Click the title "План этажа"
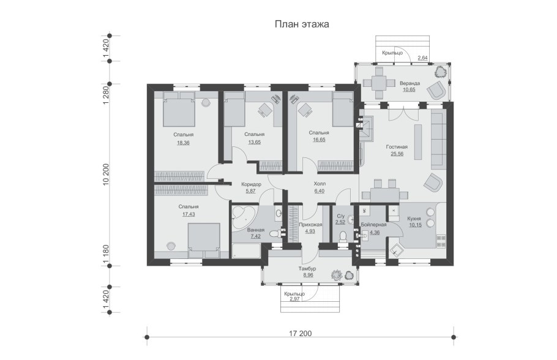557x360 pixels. point(302,24)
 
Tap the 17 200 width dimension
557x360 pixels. point(300,333)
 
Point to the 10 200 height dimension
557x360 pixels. point(105,175)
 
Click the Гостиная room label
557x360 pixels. point(397,147)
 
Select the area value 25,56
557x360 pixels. point(397,154)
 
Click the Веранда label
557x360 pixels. point(409,83)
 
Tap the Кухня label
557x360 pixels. point(414,219)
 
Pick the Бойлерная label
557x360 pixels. point(373,225)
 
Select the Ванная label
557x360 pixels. point(256,230)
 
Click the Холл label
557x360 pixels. point(320,184)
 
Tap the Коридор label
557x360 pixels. point(251,184)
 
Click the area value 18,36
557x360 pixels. point(183,143)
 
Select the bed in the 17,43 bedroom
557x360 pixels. point(204,240)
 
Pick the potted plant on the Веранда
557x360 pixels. point(441,72)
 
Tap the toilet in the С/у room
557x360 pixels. point(343,237)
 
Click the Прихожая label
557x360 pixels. point(310,225)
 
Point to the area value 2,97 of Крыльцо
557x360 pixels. point(295,299)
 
